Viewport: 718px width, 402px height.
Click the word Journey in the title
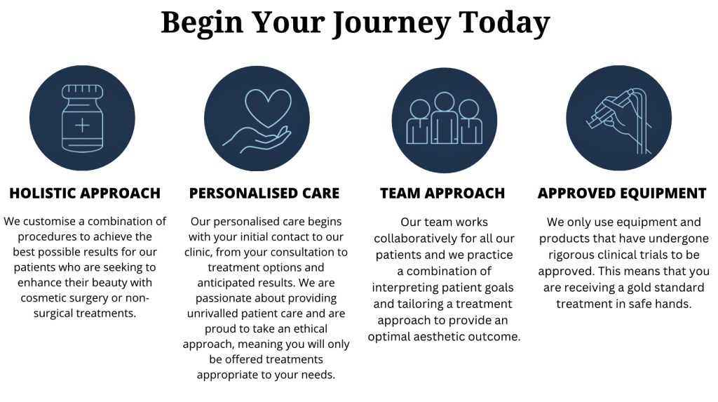click(391, 23)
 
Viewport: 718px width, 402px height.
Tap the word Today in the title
click(504, 23)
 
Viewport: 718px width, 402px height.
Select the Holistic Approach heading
click(85, 194)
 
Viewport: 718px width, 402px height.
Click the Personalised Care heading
click(264, 194)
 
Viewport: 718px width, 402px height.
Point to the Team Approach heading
click(442, 194)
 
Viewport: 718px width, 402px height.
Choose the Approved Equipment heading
click(622, 194)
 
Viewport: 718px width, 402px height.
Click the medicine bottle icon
click(83, 119)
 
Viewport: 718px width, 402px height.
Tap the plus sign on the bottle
click(83, 125)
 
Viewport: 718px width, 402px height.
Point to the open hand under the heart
click(257, 140)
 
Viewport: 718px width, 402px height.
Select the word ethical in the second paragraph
click(311, 328)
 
